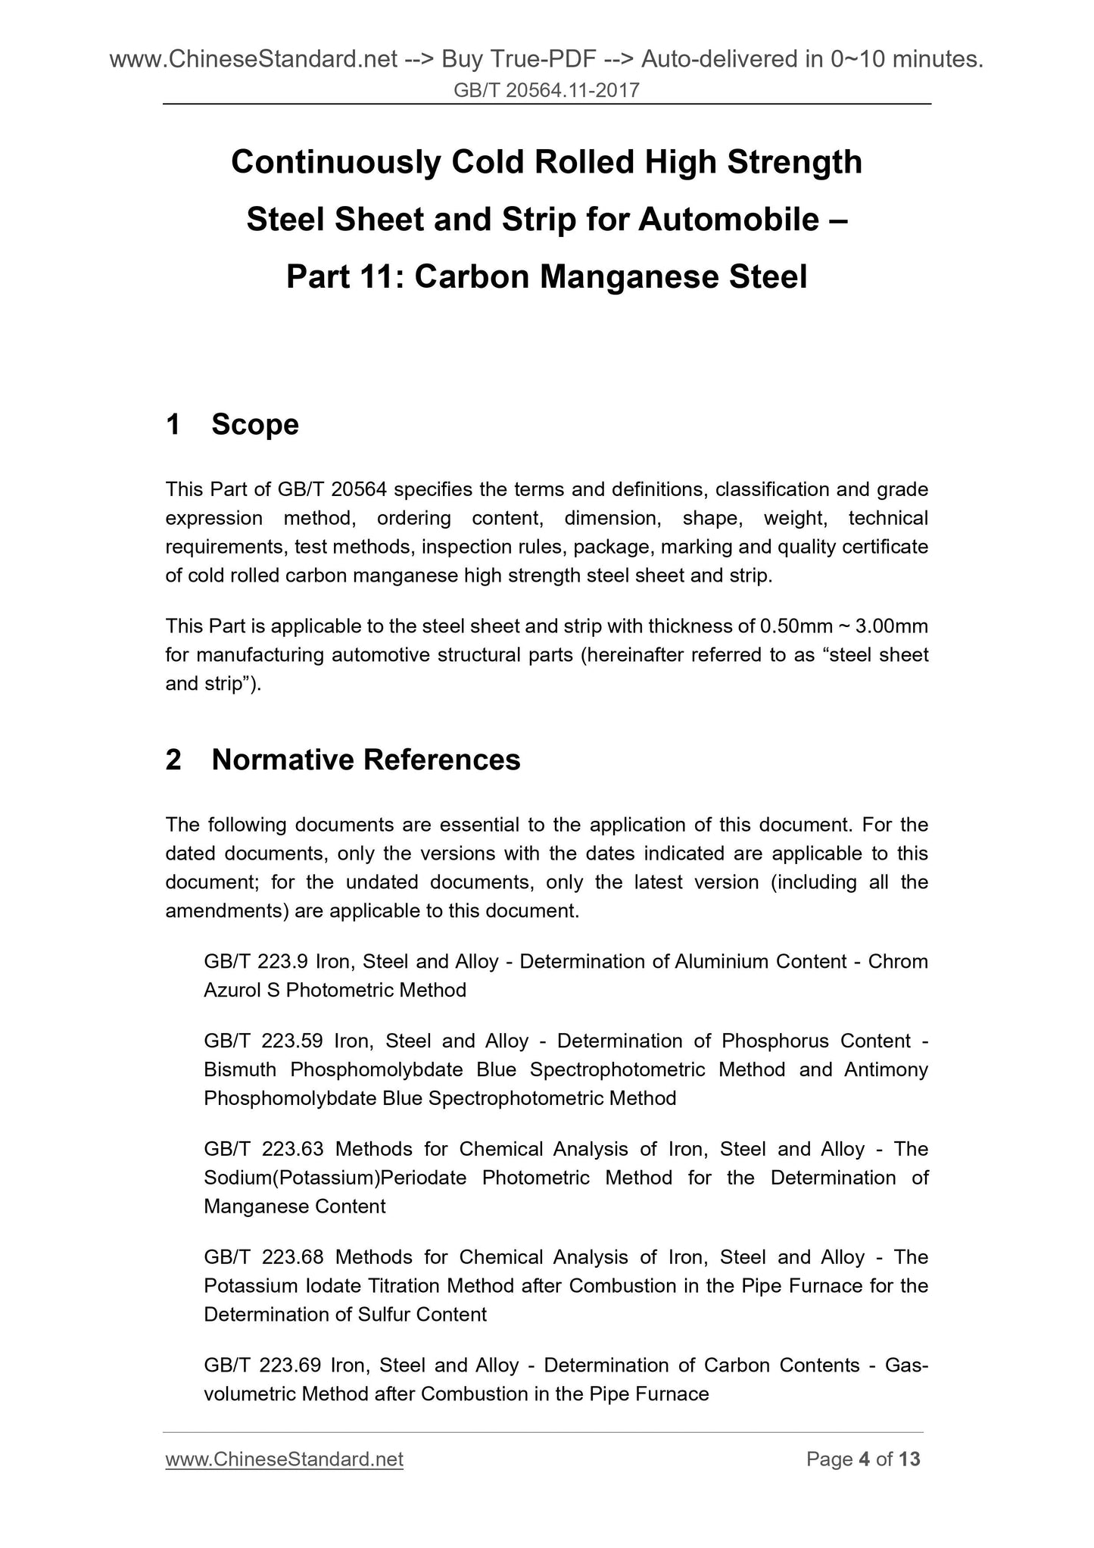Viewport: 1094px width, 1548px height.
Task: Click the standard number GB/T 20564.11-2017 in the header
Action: click(547, 91)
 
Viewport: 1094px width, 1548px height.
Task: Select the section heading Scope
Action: click(255, 425)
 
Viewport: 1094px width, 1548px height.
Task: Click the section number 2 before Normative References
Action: click(173, 760)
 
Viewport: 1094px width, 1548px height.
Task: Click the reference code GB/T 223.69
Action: click(261, 1365)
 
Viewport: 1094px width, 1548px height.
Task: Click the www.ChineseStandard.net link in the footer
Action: click(284, 1459)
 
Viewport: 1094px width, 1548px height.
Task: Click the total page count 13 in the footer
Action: click(909, 1459)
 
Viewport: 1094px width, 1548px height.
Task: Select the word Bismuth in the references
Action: click(242, 1069)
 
